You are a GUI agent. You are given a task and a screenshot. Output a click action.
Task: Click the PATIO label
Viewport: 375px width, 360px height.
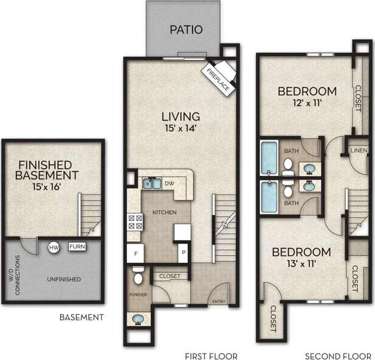coord(186,29)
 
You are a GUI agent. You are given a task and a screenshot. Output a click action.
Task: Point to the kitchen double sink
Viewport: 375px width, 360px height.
coord(151,184)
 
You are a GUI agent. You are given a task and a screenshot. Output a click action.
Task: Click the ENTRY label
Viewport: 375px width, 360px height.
coord(219,301)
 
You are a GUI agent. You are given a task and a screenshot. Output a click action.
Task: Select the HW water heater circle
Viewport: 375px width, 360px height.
coord(54,247)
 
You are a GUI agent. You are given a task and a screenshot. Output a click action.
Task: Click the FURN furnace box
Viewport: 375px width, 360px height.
coord(77,246)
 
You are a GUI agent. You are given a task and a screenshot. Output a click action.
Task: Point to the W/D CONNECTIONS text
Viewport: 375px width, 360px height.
coord(18,276)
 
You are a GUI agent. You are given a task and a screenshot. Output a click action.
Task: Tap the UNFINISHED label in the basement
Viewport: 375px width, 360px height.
coord(65,280)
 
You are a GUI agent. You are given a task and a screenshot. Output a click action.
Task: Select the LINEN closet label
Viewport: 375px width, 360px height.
coord(359,150)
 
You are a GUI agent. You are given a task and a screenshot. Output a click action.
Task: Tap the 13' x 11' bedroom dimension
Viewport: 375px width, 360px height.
coord(301,264)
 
